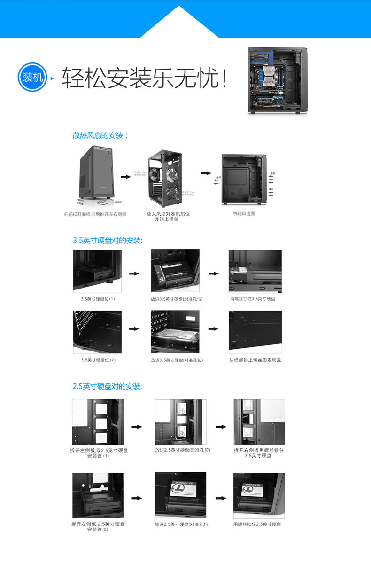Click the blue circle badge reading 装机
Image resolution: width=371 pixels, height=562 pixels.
[32, 77]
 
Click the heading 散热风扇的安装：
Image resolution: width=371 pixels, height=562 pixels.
[100, 135]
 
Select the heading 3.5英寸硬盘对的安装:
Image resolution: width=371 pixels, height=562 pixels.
[108, 240]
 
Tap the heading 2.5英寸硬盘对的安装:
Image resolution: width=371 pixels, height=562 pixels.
[108, 386]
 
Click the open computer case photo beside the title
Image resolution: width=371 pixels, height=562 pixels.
[278, 81]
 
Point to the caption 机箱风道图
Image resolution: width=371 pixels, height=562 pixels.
[244, 213]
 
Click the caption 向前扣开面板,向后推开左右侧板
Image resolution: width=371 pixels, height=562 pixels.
[95, 214]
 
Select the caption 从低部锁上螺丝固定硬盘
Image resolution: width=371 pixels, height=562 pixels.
[255, 360]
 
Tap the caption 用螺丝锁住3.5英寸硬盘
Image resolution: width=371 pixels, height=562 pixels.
[253, 299]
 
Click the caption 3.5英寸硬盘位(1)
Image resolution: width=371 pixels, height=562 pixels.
[98, 299]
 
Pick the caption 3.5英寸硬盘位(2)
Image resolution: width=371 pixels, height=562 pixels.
[98, 360]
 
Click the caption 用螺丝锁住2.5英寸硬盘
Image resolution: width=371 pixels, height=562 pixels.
[257, 524]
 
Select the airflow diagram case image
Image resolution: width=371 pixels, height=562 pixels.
[243, 179]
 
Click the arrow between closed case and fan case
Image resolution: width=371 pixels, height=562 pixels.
[125, 177]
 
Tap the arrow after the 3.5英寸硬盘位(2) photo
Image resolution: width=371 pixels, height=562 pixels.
[134, 329]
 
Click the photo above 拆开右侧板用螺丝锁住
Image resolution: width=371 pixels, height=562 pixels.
[259, 421]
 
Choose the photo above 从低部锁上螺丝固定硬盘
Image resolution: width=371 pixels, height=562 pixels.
[255, 331]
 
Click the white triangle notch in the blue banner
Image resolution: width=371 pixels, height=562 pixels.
[179, 23]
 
